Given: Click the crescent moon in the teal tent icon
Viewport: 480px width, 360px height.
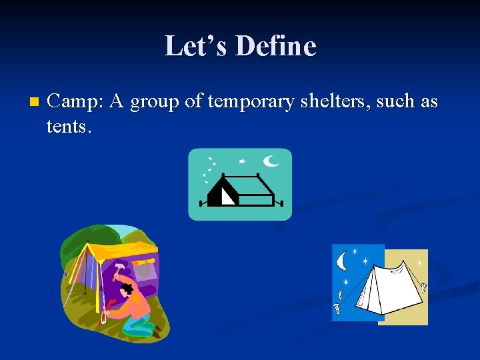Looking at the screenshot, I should [x=271, y=160].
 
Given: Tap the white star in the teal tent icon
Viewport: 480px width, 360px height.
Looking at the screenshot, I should [x=242, y=161].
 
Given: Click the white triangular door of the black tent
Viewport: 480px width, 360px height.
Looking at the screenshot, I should [x=227, y=195].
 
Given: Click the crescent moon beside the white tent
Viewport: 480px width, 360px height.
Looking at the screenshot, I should [x=343, y=260].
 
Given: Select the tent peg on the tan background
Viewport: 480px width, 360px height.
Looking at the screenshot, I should [x=423, y=288].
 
